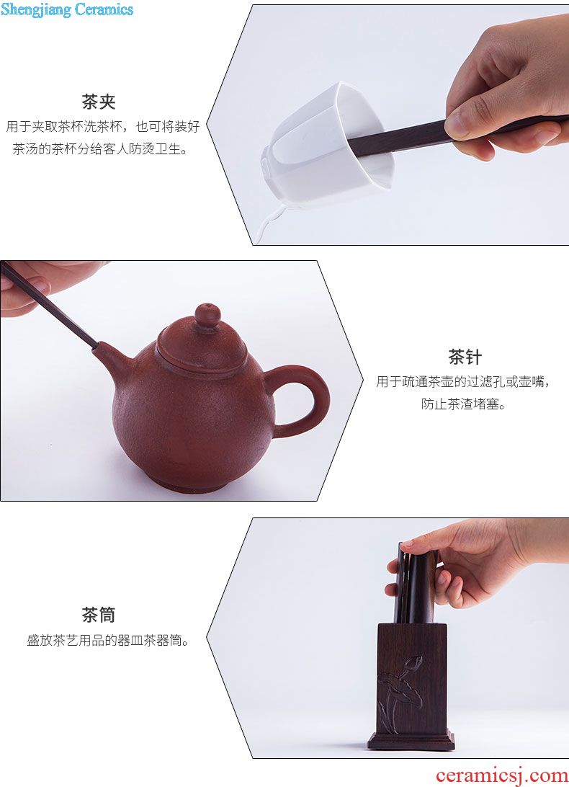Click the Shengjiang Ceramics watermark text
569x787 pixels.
[67, 9]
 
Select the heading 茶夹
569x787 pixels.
[99, 102]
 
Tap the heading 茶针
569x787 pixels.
[465, 357]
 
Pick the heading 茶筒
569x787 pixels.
[99, 614]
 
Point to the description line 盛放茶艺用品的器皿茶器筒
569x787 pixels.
[108, 641]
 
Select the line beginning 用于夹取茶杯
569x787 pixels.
[103, 126]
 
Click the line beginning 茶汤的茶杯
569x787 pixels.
[101, 148]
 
